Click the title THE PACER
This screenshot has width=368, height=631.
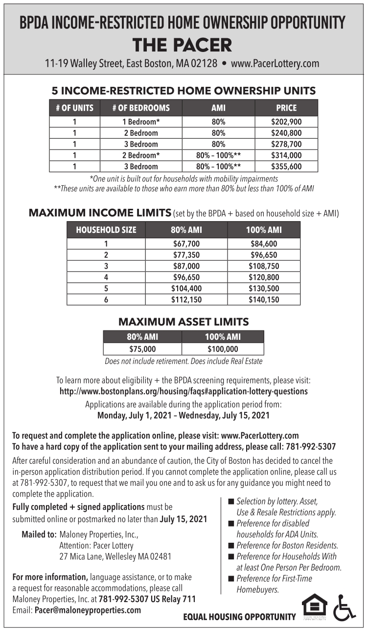[x=183, y=46]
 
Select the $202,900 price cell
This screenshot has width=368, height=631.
[x=286, y=122]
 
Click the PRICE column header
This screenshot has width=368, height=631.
[x=286, y=108]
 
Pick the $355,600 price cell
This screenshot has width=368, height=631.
[x=286, y=167]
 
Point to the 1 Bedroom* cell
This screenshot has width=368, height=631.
[x=141, y=122]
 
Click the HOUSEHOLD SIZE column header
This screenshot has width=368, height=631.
[x=106, y=230]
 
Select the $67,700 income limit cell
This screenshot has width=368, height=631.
[x=186, y=244]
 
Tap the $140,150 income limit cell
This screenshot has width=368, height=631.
[x=263, y=300]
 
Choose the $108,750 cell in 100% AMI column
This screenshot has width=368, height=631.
[x=263, y=266]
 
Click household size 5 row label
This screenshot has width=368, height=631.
[x=106, y=288]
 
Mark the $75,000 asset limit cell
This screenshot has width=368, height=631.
[x=142, y=349]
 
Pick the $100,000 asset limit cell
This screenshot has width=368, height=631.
[x=223, y=349]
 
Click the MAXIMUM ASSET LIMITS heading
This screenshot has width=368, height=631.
[x=184, y=322]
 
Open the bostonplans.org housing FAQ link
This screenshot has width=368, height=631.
[x=184, y=392]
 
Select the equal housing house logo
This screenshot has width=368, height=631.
[x=314, y=606]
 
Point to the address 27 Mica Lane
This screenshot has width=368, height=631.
[x=115, y=556]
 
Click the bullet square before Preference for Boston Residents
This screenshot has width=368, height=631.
[x=231, y=545]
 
